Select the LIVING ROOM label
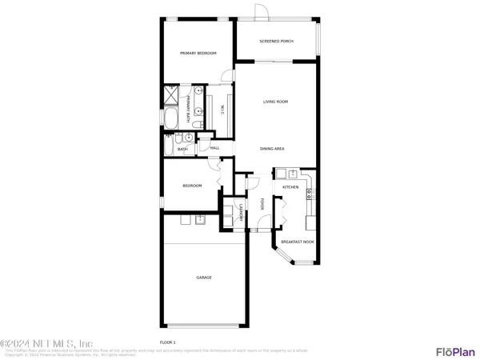coord(276,102)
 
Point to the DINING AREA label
coord(273,149)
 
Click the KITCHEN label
coord(290,187)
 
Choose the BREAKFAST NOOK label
coord(297,241)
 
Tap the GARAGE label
coord(204,278)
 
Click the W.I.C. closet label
coord(222,112)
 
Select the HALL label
coord(214,148)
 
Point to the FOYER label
coord(262,205)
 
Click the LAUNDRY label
coord(241,213)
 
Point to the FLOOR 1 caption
coord(169,342)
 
